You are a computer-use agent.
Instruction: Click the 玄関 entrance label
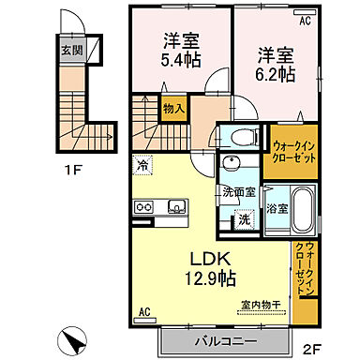tap(71, 52)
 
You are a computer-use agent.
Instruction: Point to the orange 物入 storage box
tap(172, 108)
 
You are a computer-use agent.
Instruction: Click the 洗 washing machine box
tap(243, 221)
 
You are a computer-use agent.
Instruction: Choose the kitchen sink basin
tap(175, 207)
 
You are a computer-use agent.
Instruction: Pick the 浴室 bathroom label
tap(276, 208)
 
